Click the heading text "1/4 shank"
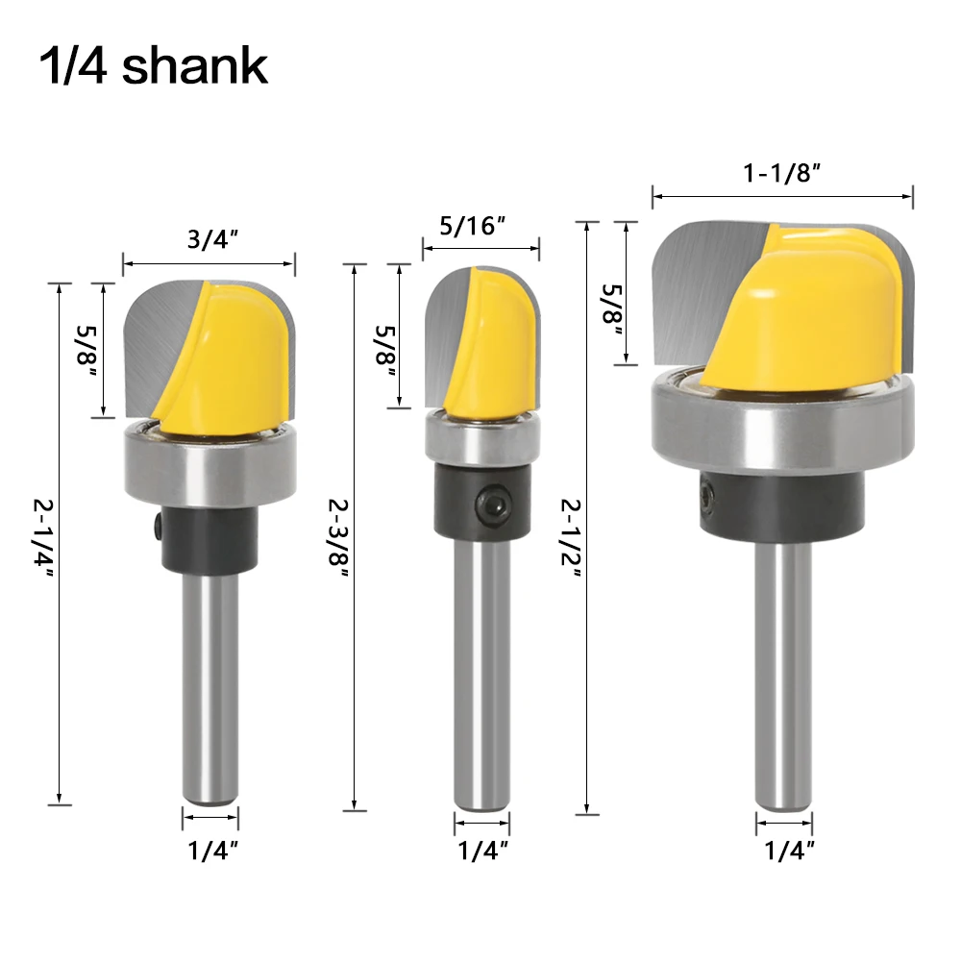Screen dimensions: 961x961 click(x=153, y=66)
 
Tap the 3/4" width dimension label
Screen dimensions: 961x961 click(x=212, y=239)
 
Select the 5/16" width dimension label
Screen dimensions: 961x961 click(x=473, y=226)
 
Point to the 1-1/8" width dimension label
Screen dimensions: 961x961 click(x=782, y=173)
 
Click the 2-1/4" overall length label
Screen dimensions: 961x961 click(x=43, y=538)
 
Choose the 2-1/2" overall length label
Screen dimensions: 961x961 click(x=571, y=538)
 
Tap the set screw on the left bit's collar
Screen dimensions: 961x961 click(x=159, y=526)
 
